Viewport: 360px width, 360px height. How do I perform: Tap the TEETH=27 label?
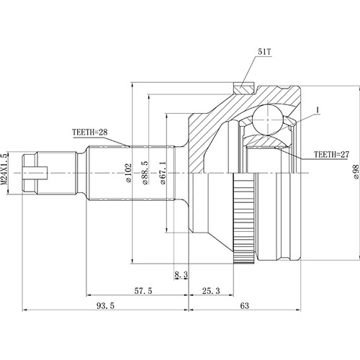(332, 154)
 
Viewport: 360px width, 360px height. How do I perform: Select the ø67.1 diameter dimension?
(165, 173)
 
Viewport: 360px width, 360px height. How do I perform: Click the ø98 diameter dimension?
(355, 173)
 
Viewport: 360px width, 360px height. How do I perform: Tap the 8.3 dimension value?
(181, 274)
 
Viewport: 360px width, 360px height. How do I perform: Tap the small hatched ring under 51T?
(243, 89)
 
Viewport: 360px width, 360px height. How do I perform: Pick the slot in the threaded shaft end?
(36, 173)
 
